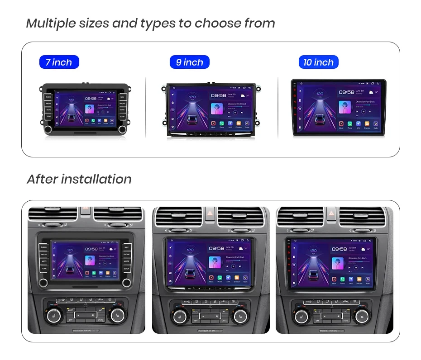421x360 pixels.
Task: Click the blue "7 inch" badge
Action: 59,62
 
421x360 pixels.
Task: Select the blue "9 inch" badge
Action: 189,62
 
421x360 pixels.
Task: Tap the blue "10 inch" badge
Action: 318,62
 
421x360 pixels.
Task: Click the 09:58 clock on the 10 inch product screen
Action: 346,92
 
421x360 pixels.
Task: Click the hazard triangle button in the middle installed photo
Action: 210,213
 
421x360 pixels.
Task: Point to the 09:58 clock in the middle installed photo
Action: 216,248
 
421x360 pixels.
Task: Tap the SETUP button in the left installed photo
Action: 126,269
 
